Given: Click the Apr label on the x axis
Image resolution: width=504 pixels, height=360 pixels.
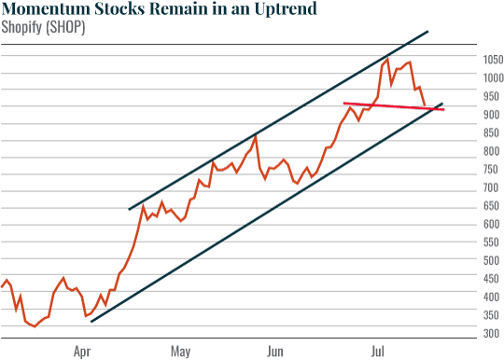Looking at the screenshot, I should coord(82,353).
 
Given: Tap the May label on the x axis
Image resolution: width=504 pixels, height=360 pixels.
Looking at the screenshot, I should coord(180,353).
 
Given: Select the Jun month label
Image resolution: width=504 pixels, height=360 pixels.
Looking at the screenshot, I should coord(274,353).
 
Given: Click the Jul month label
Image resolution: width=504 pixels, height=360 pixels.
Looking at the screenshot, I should coord(379,353).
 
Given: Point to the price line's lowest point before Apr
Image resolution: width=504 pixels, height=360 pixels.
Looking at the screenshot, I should coord(35,326).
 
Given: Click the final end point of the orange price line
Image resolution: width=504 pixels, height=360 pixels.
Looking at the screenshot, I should coord(426,106).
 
